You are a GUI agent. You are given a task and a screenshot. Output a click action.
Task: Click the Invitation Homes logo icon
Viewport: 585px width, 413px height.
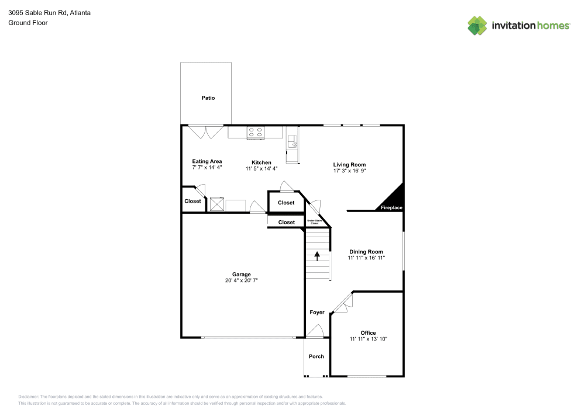click(x=477, y=25)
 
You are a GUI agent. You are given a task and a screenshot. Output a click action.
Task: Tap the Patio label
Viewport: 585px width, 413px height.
click(x=208, y=98)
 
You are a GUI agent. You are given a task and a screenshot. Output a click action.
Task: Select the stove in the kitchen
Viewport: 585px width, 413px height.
click(x=255, y=132)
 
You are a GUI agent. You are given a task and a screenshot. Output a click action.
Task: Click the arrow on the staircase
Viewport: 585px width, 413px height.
click(x=318, y=255)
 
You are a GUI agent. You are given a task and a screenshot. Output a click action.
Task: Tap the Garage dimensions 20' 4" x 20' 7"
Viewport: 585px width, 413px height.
click(x=242, y=280)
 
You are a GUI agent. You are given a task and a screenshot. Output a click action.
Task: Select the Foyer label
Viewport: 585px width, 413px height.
click(x=317, y=313)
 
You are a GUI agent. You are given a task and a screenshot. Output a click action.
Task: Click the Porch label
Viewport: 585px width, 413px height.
click(x=316, y=356)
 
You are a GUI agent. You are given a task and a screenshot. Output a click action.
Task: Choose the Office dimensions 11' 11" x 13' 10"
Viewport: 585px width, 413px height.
click(x=369, y=339)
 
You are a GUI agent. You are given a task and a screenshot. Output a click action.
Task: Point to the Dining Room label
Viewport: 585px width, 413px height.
click(x=366, y=252)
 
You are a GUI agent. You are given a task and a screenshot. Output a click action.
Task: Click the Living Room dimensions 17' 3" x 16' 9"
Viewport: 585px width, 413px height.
click(x=350, y=172)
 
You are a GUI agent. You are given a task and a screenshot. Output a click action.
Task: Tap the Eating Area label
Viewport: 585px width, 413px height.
click(x=207, y=161)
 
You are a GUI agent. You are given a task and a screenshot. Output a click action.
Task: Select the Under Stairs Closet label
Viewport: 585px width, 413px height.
click(x=314, y=222)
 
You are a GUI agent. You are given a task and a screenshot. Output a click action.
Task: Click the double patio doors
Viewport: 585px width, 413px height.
click(x=205, y=131)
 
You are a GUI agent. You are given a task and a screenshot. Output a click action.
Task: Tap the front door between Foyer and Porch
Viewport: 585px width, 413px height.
click(x=315, y=332)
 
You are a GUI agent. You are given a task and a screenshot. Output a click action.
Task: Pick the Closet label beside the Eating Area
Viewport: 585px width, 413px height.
click(x=192, y=201)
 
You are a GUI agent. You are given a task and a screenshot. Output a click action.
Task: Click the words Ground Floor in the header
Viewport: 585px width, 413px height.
click(x=27, y=23)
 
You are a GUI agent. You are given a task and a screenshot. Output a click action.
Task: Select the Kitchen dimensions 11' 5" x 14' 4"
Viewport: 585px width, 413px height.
click(x=261, y=168)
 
